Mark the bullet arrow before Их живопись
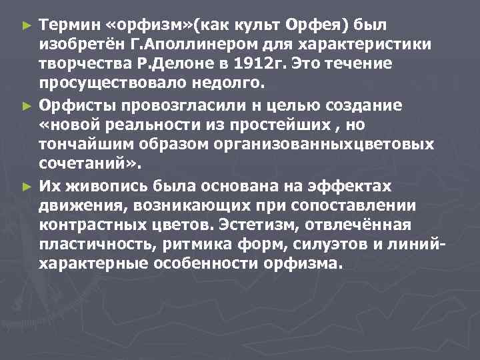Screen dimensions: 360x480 [27, 187]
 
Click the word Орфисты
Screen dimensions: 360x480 [71, 105]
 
